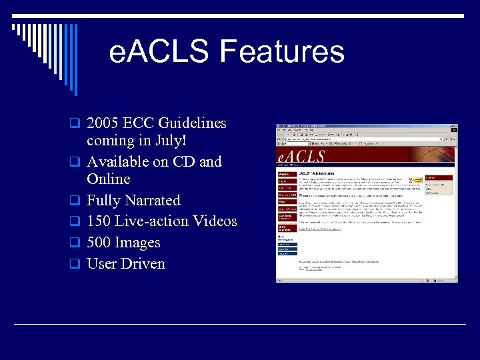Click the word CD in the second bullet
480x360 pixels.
coord(184,162)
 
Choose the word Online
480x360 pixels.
coord(108,179)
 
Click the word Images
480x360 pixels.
coord(138,243)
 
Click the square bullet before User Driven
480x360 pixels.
coord(76,264)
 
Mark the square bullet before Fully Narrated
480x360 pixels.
coord(76,201)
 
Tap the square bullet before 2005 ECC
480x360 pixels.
coord(76,123)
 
